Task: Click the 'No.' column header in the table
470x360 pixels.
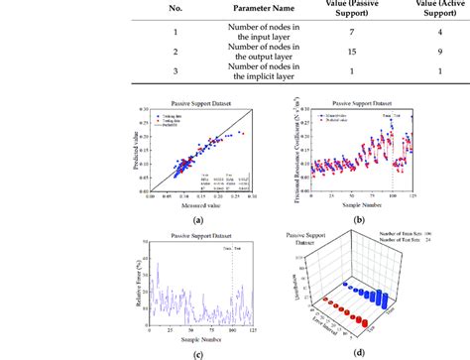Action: [x=107, y=8]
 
